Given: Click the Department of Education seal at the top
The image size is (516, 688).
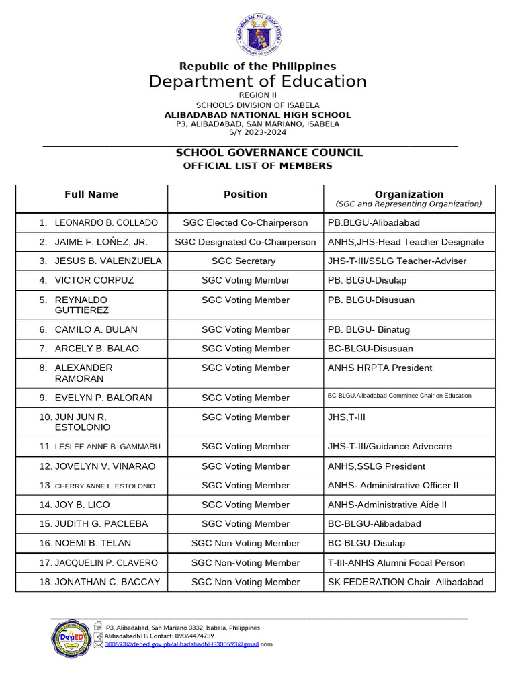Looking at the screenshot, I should tap(259, 35).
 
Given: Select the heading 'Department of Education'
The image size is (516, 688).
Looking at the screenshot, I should tap(257, 81).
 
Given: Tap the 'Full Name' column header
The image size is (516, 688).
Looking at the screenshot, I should tap(91, 194).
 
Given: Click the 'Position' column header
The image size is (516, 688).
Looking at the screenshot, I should tap(245, 194).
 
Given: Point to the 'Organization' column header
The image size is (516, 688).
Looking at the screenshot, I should tap(408, 194).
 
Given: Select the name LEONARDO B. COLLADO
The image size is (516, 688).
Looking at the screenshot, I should tap(105, 222).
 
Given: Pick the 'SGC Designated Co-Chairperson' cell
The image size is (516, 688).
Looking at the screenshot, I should tap(245, 242).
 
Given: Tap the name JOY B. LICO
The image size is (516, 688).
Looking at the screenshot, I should tap(82, 505).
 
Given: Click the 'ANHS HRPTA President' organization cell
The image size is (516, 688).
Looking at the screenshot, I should tap(380, 368).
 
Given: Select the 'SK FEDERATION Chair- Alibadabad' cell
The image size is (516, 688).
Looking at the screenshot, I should tap(405, 582).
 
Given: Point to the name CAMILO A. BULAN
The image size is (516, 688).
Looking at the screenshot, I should tap(95, 329).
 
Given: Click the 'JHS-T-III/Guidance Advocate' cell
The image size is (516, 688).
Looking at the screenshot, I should tap(389, 446).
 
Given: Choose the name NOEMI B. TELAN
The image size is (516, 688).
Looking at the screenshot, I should tap(93, 543).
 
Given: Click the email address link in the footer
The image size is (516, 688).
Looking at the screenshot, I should tap(182, 644).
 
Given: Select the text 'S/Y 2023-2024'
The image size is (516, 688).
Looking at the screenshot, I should tap(257, 132).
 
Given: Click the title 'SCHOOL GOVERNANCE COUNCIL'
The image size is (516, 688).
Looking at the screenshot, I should tap(269, 153).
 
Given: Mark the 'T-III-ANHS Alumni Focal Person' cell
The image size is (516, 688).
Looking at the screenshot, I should tap(396, 562).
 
